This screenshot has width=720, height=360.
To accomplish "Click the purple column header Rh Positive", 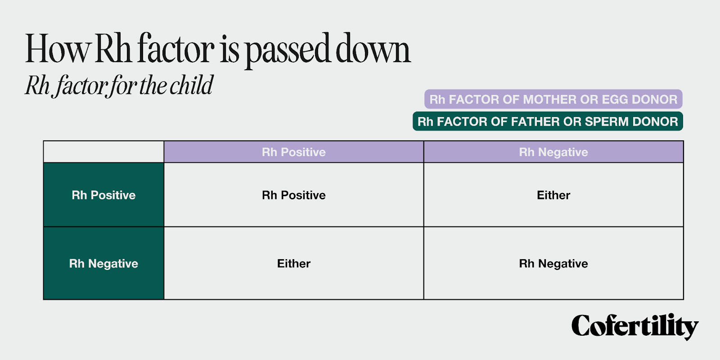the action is pyautogui.click(x=293, y=152).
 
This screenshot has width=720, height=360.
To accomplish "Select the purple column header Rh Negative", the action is pyautogui.click(x=553, y=152).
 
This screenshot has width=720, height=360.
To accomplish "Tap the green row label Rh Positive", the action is pyautogui.click(x=103, y=195).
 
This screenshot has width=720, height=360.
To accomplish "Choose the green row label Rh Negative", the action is pyautogui.click(x=103, y=263).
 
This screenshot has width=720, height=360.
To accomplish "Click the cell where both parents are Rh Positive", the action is pyautogui.click(x=293, y=195).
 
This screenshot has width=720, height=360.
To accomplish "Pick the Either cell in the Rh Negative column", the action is pyautogui.click(x=553, y=195).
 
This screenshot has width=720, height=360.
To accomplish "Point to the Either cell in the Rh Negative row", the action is pyautogui.click(x=293, y=263).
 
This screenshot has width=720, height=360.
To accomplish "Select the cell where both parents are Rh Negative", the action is pyautogui.click(x=553, y=263).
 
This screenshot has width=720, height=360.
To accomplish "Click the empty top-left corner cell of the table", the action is pyautogui.click(x=103, y=152).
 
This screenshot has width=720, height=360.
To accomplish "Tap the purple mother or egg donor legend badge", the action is pyautogui.click(x=553, y=99).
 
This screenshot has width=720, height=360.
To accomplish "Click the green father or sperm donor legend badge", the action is pyautogui.click(x=548, y=121).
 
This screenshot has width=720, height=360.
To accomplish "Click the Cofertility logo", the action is pyautogui.click(x=635, y=326).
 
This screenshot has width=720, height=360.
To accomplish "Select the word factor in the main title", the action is pyautogui.click(x=175, y=48).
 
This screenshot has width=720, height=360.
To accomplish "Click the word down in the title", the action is pyautogui.click(x=373, y=48).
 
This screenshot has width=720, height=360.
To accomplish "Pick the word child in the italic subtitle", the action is pyautogui.click(x=191, y=85).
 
